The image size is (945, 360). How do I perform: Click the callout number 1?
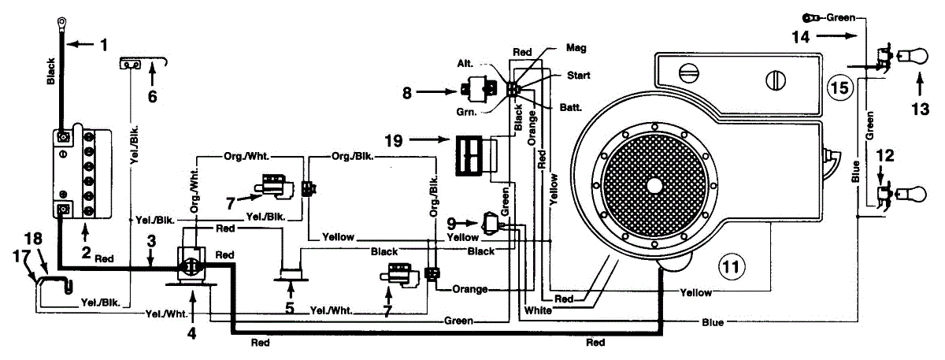[102, 46]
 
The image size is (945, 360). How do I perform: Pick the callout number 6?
[153, 97]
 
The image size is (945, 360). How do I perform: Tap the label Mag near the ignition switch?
[576, 48]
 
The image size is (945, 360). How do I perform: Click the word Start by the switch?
[580, 76]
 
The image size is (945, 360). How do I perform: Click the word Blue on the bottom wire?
[713, 322]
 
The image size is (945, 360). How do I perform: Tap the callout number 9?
[452, 222]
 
